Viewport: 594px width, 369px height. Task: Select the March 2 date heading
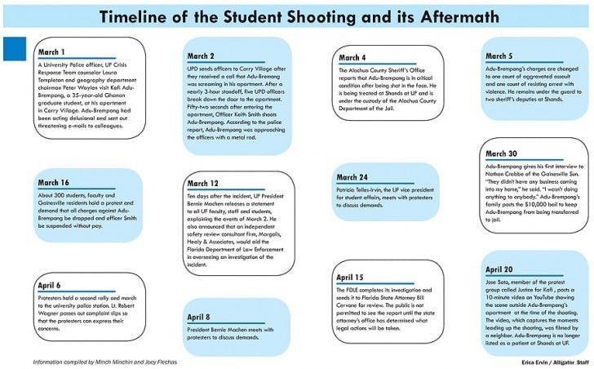tap(201, 56)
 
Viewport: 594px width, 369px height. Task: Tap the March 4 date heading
tap(352, 58)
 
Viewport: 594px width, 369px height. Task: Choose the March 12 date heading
tap(203, 184)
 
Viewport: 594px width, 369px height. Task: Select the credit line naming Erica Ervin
tap(543, 361)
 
